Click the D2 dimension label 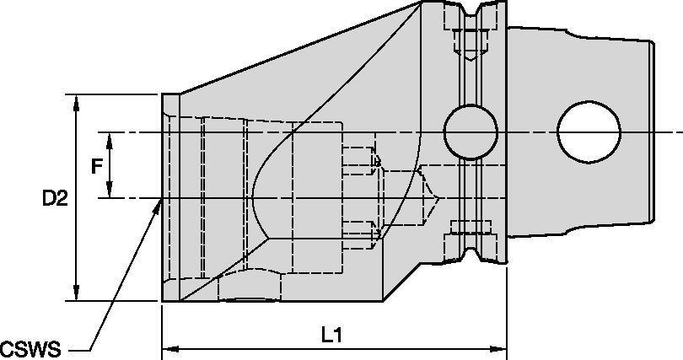coord(56,199)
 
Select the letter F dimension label coord(97,166)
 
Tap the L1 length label coord(332,335)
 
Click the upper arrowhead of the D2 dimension coord(78,99)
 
